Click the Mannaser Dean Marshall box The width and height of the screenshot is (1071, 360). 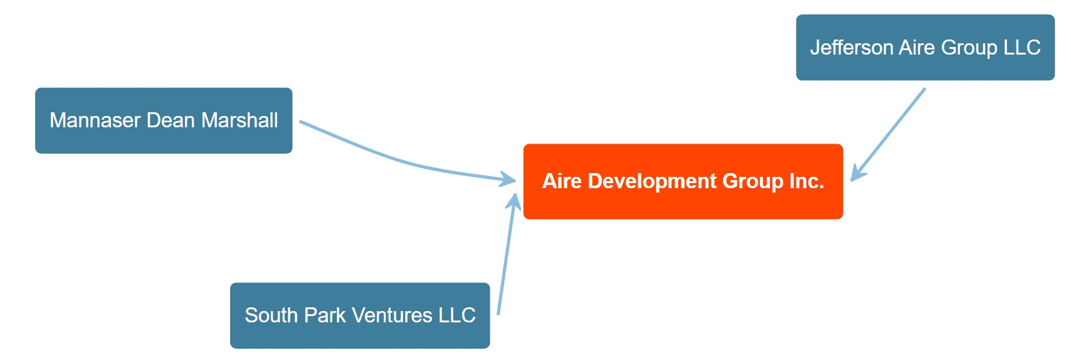164,120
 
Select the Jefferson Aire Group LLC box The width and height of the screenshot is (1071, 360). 925,47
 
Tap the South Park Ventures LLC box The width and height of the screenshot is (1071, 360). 360,315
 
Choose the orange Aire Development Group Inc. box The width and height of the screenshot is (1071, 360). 683,182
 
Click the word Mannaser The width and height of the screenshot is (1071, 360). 95,120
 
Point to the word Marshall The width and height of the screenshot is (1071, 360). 240,120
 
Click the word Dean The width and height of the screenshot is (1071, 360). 171,120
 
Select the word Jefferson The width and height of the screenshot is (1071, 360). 852,47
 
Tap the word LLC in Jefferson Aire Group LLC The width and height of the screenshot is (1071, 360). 1021,47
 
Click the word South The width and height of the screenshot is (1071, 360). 271,315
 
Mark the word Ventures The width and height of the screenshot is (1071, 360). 392,315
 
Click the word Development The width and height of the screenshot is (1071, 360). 652,182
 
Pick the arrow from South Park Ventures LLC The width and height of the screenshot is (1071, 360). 507,253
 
